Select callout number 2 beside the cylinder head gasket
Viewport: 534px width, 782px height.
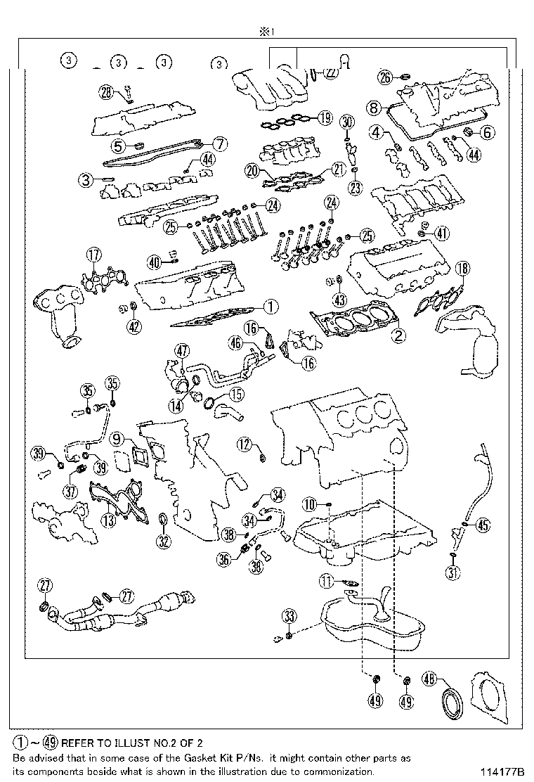click(398, 335)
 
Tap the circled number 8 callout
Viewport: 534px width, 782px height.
click(372, 108)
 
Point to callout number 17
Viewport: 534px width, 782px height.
click(93, 255)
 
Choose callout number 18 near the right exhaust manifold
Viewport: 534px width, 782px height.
click(462, 267)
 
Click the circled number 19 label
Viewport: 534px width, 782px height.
click(323, 117)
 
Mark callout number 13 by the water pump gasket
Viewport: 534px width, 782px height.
click(108, 520)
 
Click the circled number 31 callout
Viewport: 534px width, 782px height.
click(453, 573)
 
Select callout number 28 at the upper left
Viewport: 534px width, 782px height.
click(105, 91)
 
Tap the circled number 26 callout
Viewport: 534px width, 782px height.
click(384, 77)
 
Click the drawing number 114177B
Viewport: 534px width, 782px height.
click(504, 772)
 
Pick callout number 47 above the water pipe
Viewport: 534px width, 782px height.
click(182, 350)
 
